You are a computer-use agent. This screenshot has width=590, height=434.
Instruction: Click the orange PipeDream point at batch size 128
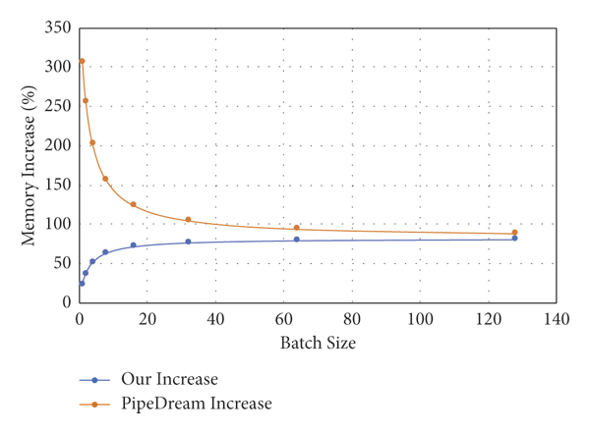pos(514,233)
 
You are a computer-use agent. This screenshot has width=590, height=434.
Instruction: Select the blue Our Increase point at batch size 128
pos(514,239)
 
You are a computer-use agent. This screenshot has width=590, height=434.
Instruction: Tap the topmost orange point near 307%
pos(82,61)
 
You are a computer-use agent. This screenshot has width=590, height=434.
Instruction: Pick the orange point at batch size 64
pos(296,228)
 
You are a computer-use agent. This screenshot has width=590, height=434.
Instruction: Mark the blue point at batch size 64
pos(296,240)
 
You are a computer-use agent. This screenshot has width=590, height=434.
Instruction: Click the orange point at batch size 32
pos(188,220)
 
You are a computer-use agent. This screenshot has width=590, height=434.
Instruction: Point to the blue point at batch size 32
pos(188,242)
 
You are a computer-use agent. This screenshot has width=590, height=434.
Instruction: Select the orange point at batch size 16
pos(133,204)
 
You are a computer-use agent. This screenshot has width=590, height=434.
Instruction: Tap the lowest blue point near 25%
pos(82,284)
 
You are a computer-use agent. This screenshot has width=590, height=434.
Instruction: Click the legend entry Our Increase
pos(168,379)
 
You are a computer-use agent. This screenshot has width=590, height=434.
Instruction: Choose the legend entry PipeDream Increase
pos(196,403)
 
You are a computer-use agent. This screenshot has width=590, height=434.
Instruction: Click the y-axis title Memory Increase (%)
pos(29,165)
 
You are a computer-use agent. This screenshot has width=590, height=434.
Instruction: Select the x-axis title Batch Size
pos(318,343)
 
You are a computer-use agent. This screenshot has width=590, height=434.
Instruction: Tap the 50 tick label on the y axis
pos(62,263)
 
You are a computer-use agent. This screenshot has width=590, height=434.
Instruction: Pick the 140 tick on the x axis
pos(556,318)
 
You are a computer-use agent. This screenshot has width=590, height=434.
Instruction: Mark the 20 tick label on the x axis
pos(147,318)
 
